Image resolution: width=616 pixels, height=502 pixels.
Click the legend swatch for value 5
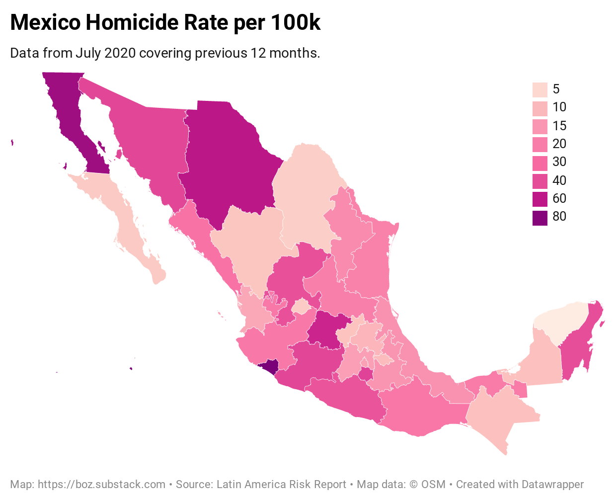pos(539,89)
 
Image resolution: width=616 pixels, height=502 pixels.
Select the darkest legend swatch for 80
pos(539,218)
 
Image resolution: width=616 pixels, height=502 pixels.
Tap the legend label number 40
pos(559,180)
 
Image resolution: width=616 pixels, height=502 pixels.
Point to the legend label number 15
pos(559,126)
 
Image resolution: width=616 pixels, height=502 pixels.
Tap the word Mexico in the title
pos(45,23)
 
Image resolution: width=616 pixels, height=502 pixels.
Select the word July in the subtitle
pos(88,53)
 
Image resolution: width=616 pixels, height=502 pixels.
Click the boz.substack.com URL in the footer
pos(101,484)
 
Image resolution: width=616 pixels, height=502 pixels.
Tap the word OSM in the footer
pos(433,484)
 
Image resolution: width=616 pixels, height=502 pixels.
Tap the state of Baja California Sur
pos(124,214)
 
